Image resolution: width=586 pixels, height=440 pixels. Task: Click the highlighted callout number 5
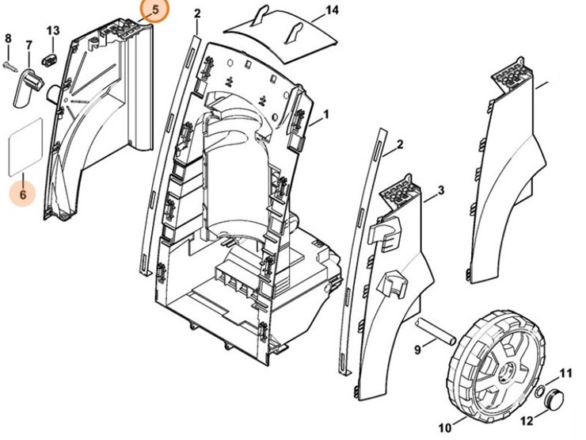pos(154,11)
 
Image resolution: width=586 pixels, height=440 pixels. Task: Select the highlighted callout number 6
pos(22,193)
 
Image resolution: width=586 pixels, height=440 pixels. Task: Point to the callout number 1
pos(325,113)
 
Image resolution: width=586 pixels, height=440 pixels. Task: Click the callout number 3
pos(440,190)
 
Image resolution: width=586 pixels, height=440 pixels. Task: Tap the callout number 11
pos(565,373)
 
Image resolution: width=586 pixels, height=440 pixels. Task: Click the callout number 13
pos(53,30)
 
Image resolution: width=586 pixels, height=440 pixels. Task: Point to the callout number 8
pos(8,39)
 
